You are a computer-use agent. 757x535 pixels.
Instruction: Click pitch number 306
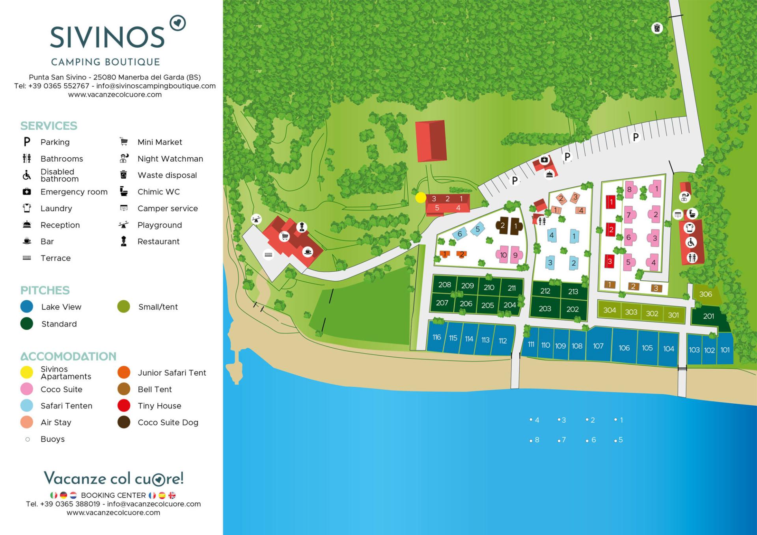click(705, 294)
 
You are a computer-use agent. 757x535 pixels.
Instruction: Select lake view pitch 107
click(598, 346)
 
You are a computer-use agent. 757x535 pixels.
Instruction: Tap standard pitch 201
click(709, 316)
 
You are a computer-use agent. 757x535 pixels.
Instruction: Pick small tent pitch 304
click(610, 310)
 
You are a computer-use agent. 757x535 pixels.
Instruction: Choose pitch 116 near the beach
click(436, 337)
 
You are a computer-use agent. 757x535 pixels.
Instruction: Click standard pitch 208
click(444, 285)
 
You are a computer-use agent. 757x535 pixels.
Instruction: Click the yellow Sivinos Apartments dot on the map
click(421, 197)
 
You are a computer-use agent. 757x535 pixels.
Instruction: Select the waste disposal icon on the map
click(657, 28)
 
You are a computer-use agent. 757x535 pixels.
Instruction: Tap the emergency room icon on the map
click(544, 160)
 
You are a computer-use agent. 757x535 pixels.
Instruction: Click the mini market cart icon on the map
click(284, 237)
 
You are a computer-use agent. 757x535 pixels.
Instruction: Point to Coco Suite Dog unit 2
click(502, 226)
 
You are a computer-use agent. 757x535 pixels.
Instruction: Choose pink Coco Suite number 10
click(503, 255)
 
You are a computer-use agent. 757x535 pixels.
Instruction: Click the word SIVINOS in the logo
click(107, 37)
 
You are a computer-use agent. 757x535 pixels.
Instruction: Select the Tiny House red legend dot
click(124, 406)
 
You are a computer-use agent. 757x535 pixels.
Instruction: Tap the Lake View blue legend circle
click(27, 307)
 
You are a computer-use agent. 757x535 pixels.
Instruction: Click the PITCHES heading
click(45, 290)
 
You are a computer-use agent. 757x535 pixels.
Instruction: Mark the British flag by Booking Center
click(172, 495)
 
